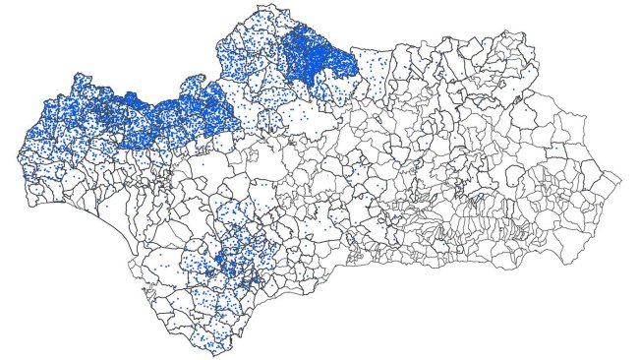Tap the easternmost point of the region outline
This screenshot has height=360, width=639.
pyautogui.click(x=620, y=178)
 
